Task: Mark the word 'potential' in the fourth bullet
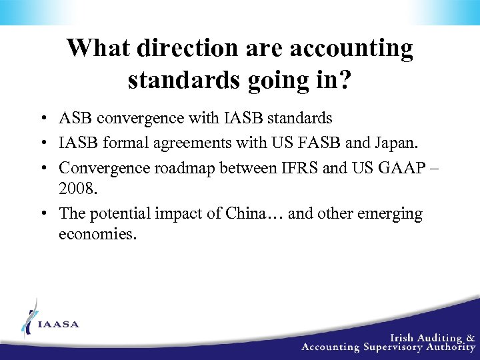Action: (118, 214)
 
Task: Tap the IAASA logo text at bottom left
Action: (59, 325)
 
